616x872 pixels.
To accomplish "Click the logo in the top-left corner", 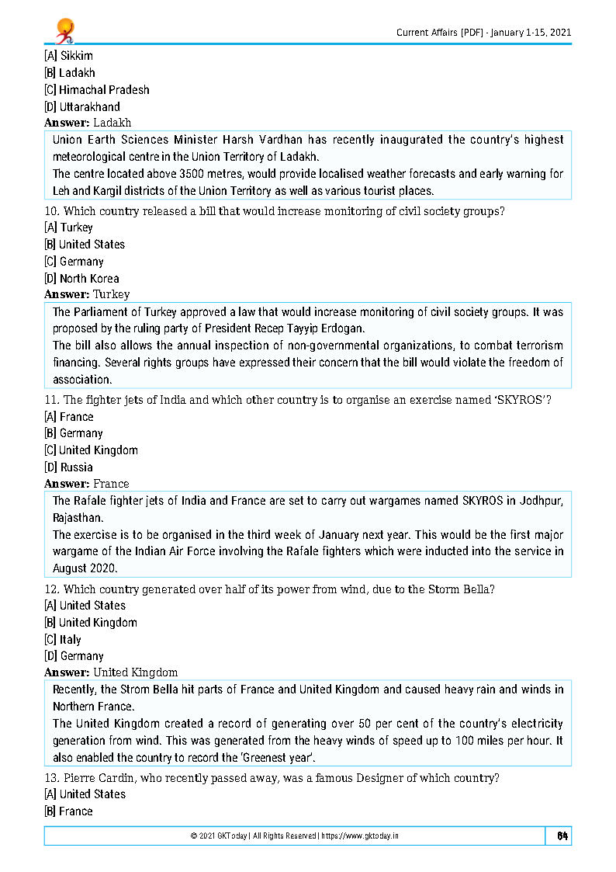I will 64,30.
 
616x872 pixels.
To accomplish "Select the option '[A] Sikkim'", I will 69,56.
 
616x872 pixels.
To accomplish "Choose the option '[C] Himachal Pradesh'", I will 97,89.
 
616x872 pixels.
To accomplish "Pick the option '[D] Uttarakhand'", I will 82,106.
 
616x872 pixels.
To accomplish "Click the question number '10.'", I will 52,210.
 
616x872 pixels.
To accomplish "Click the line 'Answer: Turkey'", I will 87,294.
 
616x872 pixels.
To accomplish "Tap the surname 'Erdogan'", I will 341,328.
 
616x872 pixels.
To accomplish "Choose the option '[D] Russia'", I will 68,467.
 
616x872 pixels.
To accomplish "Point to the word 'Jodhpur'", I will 544,501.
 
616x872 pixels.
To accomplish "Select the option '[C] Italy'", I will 63,639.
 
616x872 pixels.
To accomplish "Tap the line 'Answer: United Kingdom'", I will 111,672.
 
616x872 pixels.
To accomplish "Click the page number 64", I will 562,836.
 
